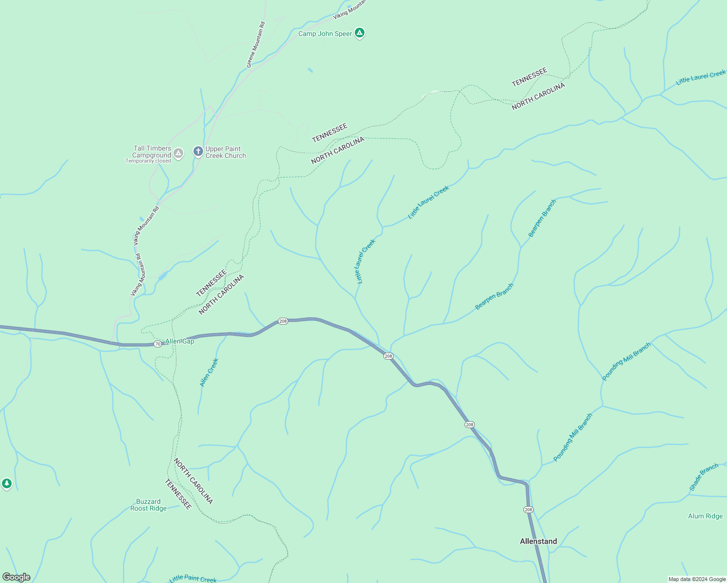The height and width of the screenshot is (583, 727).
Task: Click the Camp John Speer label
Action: click(325, 34)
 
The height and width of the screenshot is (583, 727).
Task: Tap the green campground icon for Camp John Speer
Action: click(359, 33)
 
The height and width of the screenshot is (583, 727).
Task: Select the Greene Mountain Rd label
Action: click(256, 45)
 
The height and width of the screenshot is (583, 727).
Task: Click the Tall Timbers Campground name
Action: click(152, 152)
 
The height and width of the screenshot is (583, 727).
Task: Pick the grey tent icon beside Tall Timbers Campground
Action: click(178, 154)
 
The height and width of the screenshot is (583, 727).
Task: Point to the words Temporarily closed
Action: click(148, 161)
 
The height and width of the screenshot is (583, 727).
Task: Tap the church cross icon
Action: click(198, 152)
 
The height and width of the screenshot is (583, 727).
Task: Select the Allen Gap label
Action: click(180, 341)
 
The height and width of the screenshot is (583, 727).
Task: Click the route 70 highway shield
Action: click(157, 344)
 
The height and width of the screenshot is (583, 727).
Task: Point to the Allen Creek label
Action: click(209, 373)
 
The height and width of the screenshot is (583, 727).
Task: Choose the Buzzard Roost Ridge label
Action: click(148, 505)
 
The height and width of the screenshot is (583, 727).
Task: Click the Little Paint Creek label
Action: click(193, 578)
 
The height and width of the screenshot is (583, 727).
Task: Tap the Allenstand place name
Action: click(538, 541)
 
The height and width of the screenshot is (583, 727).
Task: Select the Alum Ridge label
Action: click(705, 516)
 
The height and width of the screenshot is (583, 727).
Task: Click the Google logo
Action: click(16, 577)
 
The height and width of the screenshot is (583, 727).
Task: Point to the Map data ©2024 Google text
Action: click(697, 579)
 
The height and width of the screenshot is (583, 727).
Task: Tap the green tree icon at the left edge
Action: click(6, 483)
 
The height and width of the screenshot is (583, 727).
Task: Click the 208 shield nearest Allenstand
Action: click(528, 510)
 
